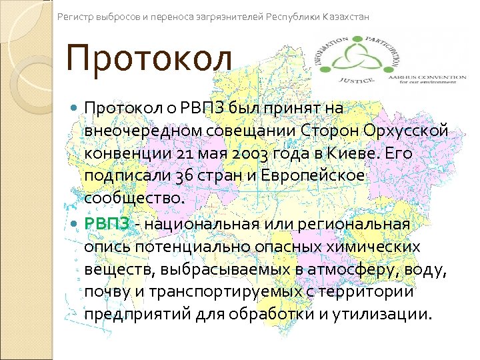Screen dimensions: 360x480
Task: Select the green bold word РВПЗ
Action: pyautogui.click(x=107, y=223)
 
